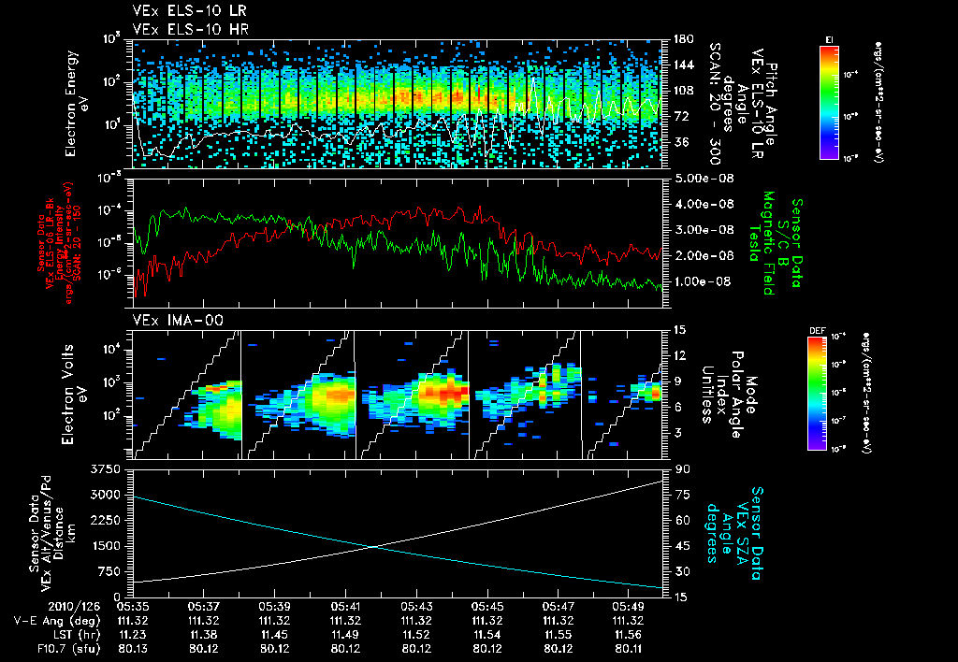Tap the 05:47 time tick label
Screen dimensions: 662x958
click(x=559, y=606)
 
